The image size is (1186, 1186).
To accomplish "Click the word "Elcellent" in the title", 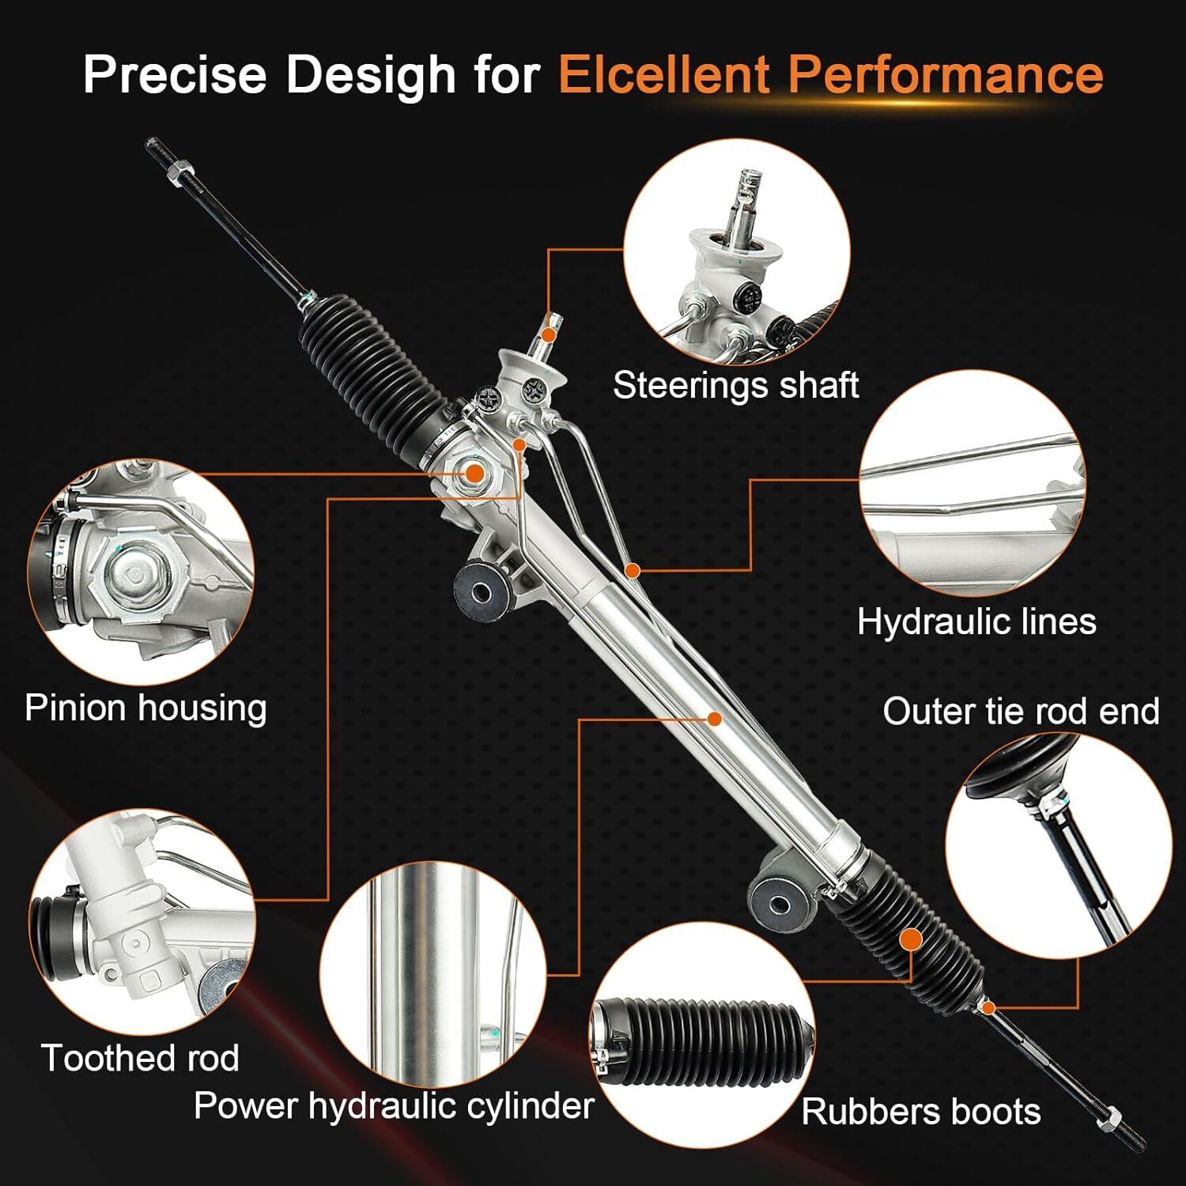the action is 664,74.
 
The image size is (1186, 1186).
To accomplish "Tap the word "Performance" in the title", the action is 946,74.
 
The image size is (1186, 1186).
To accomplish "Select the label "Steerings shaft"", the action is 735,386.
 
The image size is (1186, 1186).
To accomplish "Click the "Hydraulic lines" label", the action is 976,621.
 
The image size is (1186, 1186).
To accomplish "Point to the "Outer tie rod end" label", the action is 1021,712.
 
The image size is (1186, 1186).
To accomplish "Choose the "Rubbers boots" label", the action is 921,1112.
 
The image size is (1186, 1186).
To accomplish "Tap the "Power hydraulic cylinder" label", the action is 394,1105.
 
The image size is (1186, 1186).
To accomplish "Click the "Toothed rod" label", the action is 140,1058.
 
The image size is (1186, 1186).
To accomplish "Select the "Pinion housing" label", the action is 145,708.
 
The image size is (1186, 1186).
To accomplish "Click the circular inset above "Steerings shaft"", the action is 737,252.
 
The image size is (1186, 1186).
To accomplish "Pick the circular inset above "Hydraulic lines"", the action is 973,484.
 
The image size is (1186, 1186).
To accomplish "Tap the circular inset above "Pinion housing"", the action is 141,573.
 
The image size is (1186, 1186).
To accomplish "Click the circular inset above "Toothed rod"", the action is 142,921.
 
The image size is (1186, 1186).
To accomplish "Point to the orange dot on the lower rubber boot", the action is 911,939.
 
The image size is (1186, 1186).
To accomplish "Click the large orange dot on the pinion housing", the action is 474,474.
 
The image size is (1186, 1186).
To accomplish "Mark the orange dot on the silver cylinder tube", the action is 714,718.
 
